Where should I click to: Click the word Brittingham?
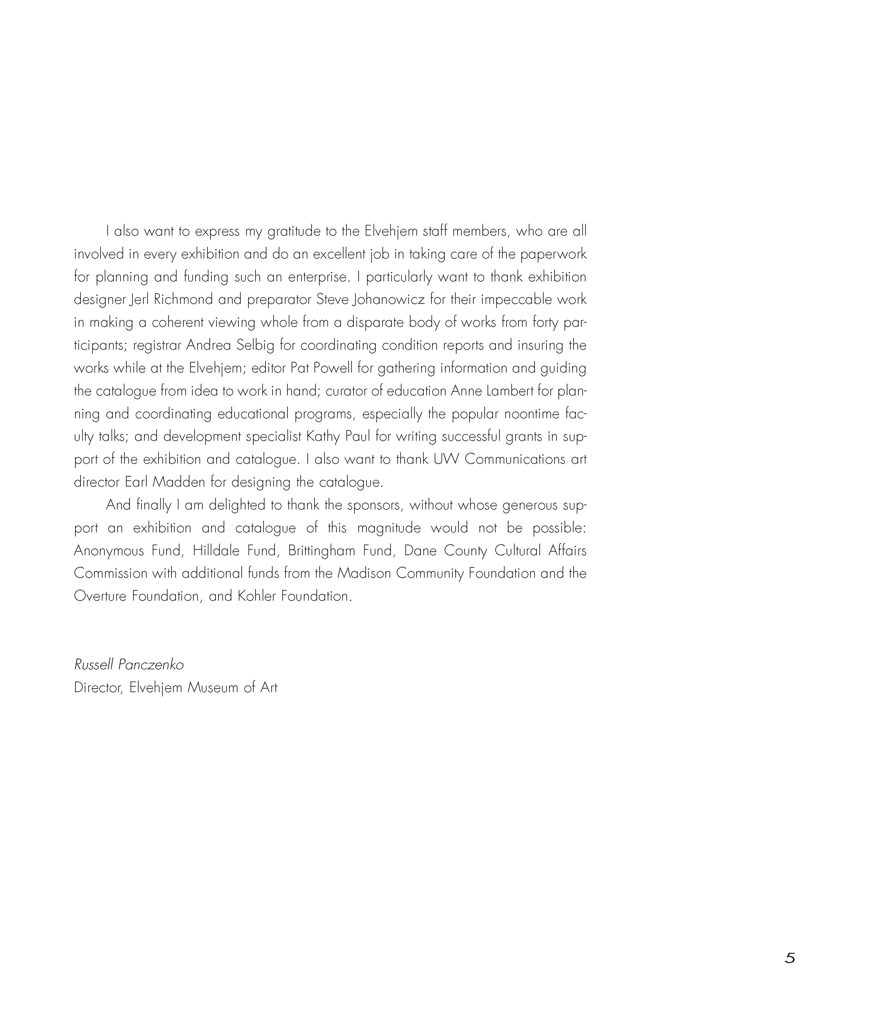coord(321,551)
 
